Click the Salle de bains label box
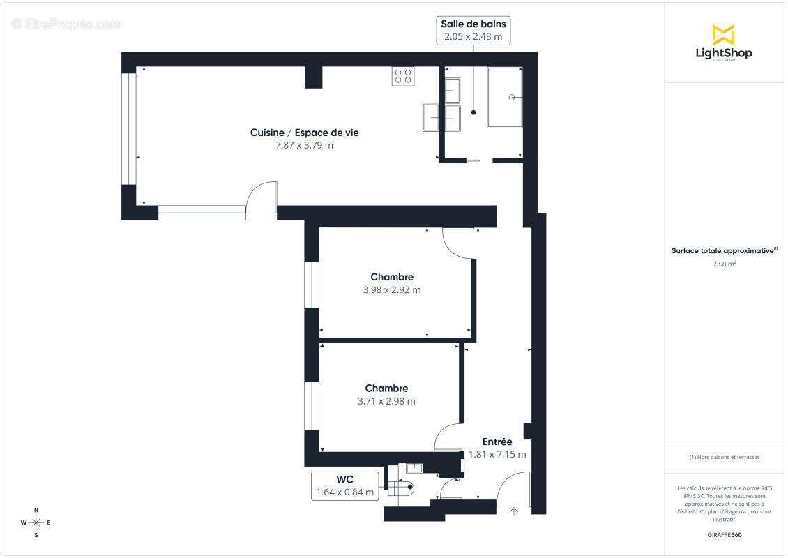click(x=473, y=30)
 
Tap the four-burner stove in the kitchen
click(x=403, y=76)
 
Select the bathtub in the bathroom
click(x=505, y=97)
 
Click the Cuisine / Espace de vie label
click(x=305, y=133)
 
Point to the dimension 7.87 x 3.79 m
click(x=305, y=145)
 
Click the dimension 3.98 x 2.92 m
click(x=392, y=289)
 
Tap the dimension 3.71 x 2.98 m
click(x=386, y=401)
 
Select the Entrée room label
click(x=497, y=442)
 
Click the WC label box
click(x=345, y=485)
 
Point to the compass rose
click(x=36, y=522)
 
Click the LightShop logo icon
click(x=723, y=34)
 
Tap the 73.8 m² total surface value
click(x=725, y=264)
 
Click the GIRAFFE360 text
click(x=725, y=534)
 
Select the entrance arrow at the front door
click(x=514, y=511)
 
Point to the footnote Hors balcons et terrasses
click(x=725, y=457)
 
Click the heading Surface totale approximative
click(x=723, y=250)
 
